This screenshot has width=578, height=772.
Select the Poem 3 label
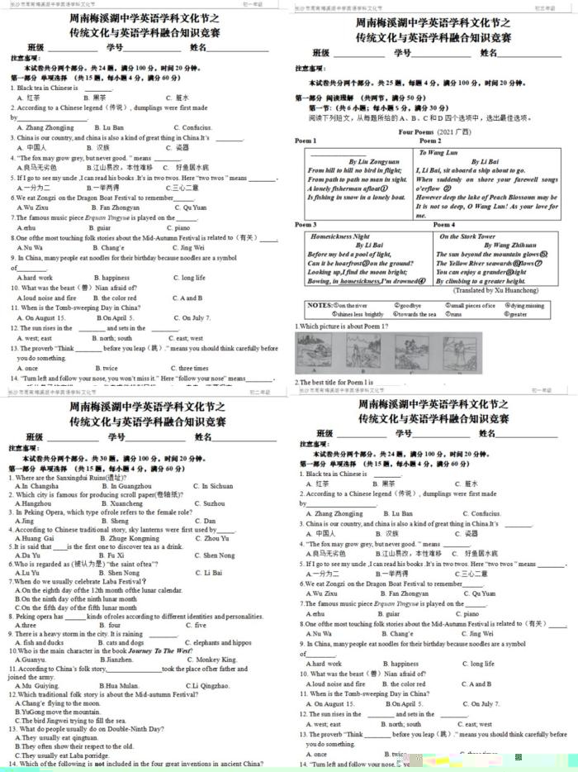[306, 224]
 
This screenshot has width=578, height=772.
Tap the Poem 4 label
[443, 224]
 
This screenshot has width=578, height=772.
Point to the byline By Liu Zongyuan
[362, 160]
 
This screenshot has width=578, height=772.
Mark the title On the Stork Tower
[467, 236]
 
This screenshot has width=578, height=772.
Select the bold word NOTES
[319, 305]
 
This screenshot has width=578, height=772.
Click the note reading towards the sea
[415, 314]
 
